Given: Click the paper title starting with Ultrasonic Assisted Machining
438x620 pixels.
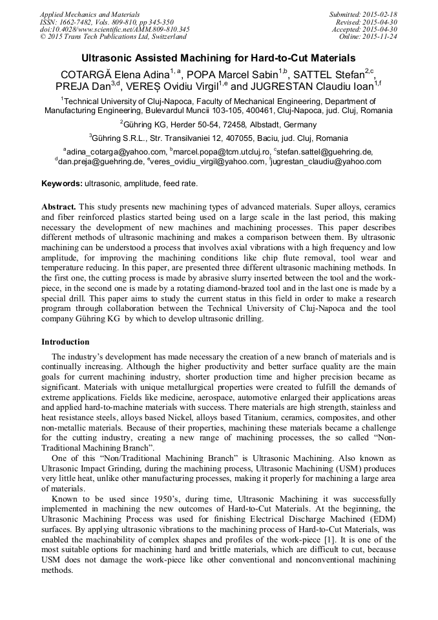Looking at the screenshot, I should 218,58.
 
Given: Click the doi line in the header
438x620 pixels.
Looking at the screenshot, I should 114,30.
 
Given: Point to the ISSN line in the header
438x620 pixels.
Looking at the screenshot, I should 107,22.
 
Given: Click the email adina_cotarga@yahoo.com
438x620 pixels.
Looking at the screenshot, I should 115,152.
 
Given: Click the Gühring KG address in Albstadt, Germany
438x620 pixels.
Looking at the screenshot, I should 218,125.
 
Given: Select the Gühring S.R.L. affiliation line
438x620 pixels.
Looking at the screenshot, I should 218,138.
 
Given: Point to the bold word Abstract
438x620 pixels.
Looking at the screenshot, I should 59,208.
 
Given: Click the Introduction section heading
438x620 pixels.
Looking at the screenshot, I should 65,342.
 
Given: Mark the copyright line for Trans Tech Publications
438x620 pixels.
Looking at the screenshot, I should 113,37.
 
